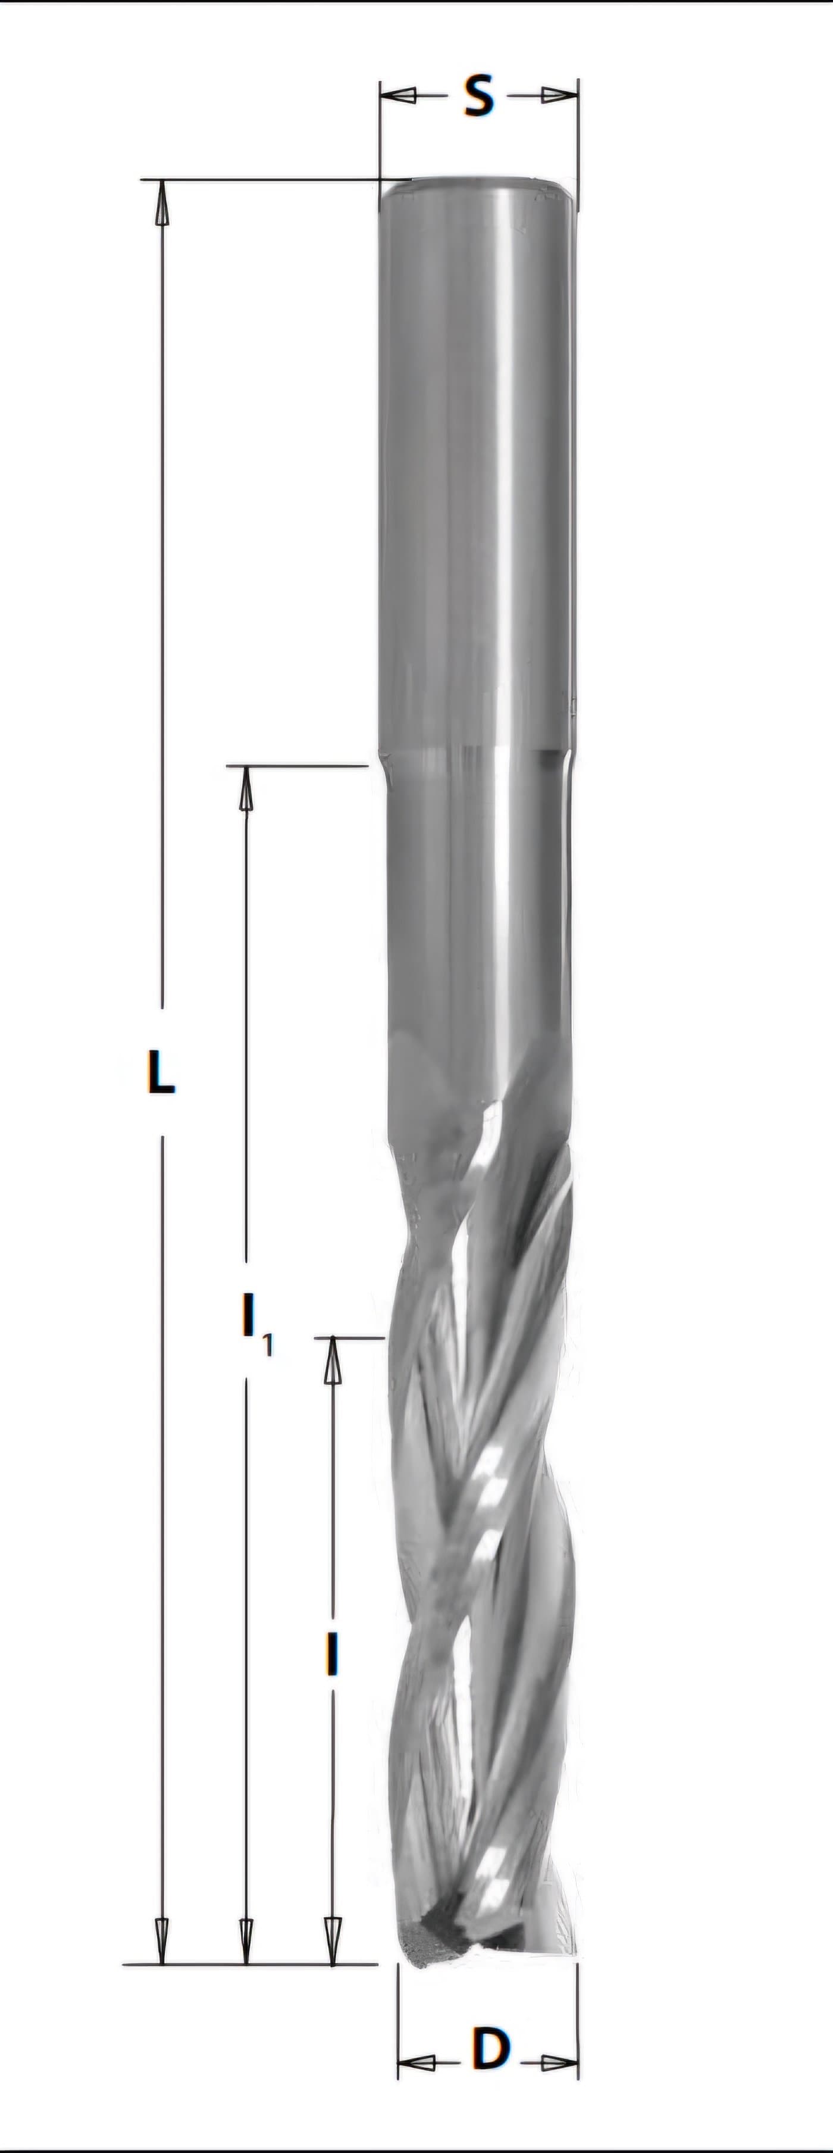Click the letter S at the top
(479, 95)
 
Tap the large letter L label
(161, 1072)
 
